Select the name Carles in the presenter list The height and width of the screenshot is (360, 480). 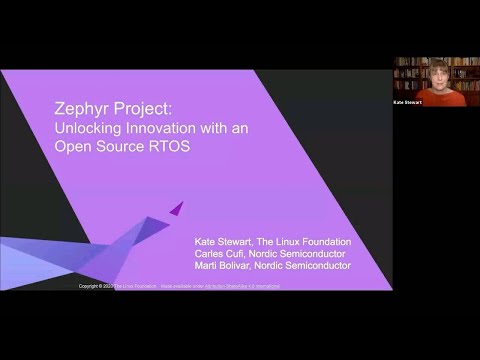[214, 254]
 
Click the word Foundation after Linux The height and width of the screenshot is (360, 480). [327, 243]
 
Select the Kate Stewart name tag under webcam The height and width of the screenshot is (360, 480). [408, 101]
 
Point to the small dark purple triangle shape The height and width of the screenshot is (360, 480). [177, 208]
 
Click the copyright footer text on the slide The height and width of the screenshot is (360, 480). [180, 286]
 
